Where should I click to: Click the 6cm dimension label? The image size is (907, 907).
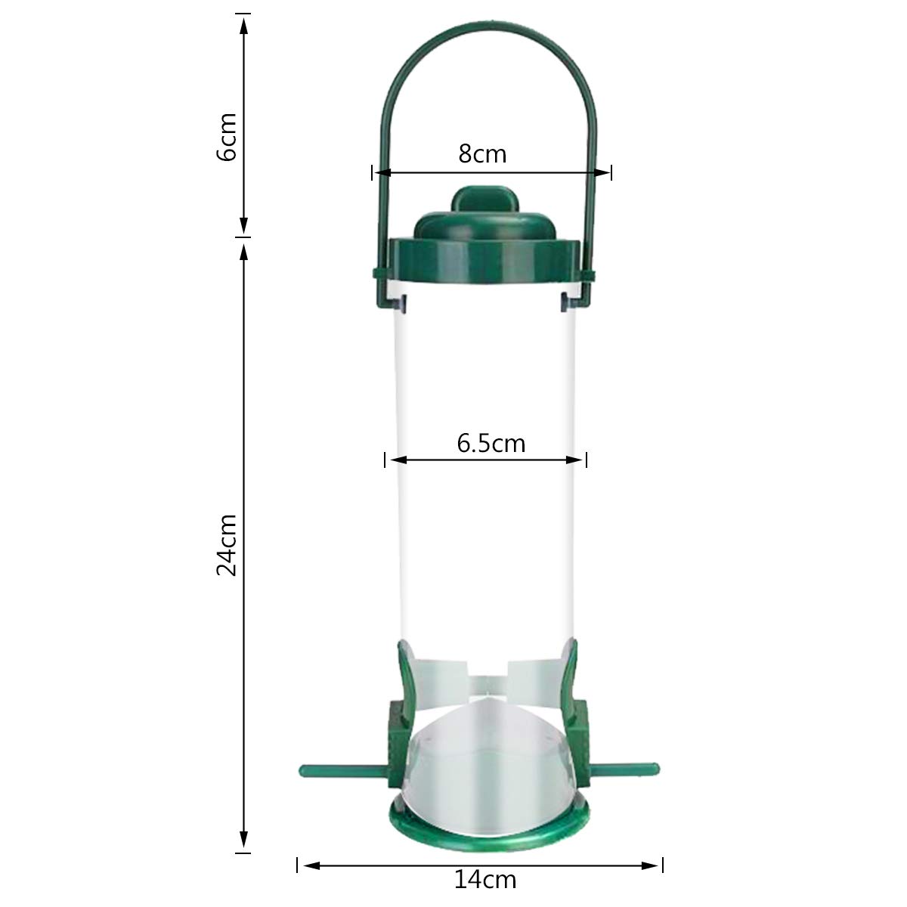(x=227, y=137)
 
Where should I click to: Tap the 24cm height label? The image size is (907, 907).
(x=227, y=544)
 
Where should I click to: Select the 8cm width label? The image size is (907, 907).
(x=482, y=154)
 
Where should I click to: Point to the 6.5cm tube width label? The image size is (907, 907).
(x=491, y=444)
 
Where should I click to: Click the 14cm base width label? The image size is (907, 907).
(x=484, y=880)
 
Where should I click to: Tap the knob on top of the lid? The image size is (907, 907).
(x=484, y=199)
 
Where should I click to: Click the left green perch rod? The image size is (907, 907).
(x=345, y=770)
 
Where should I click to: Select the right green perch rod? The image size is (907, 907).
(x=624, y=769)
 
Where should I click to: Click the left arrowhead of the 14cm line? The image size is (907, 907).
(x=311, y=865)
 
